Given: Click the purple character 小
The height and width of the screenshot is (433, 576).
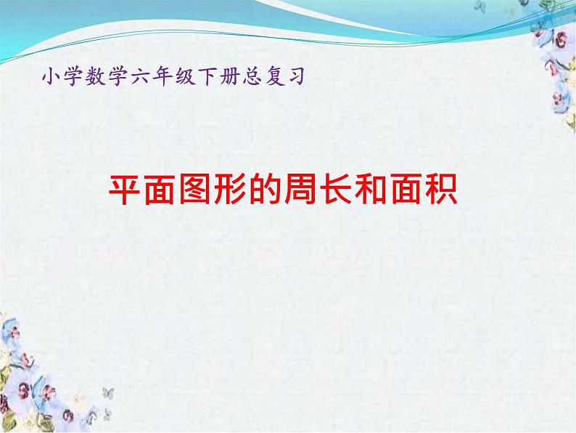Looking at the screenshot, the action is point(51,76).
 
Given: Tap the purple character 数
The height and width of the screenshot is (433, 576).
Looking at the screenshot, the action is point(95,76).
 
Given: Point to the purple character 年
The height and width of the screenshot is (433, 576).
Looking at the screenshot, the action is point(162,76).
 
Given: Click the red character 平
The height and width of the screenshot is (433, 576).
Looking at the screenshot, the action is point(124,190).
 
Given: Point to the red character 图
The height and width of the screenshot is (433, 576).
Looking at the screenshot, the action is point(194,190).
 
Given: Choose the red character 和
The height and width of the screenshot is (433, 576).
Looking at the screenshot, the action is point(371,190).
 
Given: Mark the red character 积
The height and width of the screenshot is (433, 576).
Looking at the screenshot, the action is point(442,190).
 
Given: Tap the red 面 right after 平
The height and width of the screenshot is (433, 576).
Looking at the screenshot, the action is point(160,190).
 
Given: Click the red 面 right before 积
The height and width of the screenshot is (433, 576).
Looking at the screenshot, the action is point(406,190).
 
